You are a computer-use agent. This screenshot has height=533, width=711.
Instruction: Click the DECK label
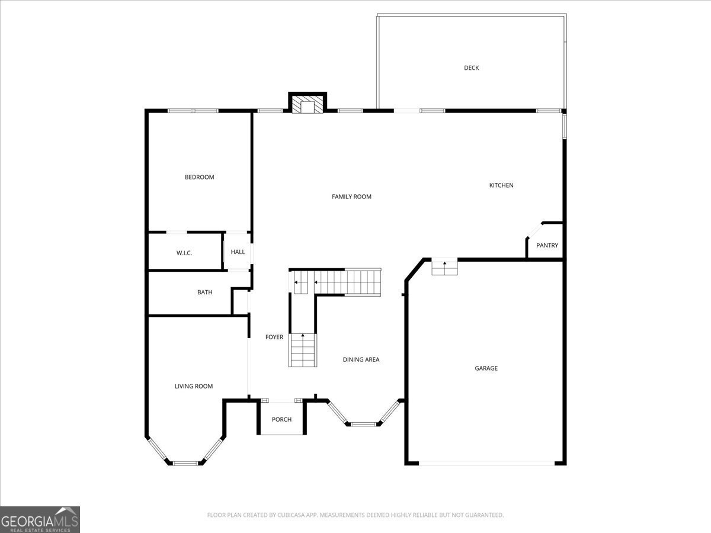click(x=471, y=68)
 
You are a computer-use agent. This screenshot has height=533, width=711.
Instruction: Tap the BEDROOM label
click(x=199, y=177)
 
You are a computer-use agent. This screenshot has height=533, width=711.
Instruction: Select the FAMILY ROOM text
click(x=351, y=197)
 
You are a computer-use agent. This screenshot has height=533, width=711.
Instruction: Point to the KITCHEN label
click(x=501, y=185)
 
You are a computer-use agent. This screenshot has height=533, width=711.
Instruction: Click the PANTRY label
click(x=547, y=245)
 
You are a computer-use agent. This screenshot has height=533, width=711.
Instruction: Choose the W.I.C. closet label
click(x=184, y=253)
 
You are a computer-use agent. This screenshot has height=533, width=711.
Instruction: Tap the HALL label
click(x=238, y=252)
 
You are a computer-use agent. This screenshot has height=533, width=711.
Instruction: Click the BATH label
click(x=205, y=292)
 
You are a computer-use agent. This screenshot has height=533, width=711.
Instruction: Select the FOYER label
click(x=274, y=337)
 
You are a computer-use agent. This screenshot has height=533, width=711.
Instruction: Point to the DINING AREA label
click(x=361, y=359)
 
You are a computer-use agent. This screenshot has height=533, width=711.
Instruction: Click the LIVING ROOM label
click(x=194, y=386)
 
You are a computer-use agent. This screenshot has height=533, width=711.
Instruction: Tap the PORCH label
click(x=281, y=419)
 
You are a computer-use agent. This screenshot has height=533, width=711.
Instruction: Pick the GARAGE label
click(x=486, y=368)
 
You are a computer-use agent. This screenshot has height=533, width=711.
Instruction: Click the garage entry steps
click(x=444, y=268)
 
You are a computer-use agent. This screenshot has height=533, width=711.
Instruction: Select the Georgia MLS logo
click(x=40, y=519)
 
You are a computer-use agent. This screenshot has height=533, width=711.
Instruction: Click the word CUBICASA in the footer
click(x=290, y=515)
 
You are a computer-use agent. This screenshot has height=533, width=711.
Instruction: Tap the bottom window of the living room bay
click(x=185, y=464)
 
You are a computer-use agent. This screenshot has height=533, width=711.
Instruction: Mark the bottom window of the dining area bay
click(x=363, y=424)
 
